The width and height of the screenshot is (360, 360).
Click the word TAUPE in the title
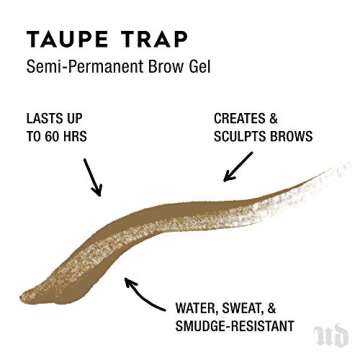click(72, 39)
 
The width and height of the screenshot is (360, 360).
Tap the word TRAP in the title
click(157, 39)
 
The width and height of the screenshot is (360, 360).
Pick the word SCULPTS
click(246, 136)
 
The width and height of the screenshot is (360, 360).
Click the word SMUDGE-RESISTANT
click(234, 326)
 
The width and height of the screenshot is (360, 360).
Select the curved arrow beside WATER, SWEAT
click(144, 295)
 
